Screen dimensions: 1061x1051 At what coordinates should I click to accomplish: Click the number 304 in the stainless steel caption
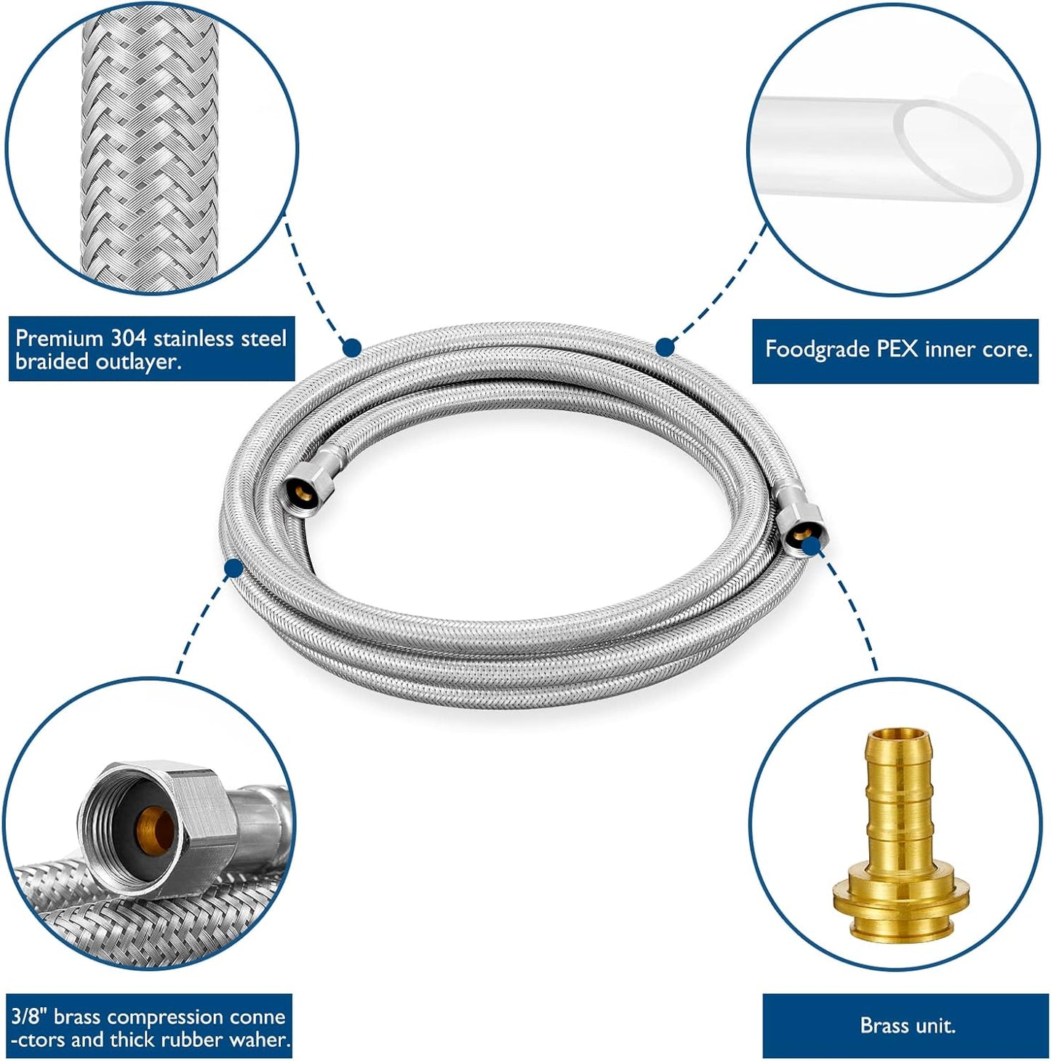129,338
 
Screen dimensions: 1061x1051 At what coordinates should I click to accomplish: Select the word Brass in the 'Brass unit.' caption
881,1025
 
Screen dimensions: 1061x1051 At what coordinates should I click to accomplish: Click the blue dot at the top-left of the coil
351,347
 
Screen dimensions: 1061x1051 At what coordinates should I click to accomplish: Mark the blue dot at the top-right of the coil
664,347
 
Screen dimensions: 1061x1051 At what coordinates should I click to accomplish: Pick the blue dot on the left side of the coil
233,567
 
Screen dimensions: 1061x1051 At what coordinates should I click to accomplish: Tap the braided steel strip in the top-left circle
149,145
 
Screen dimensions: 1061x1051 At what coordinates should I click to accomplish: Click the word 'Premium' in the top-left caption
60,338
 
